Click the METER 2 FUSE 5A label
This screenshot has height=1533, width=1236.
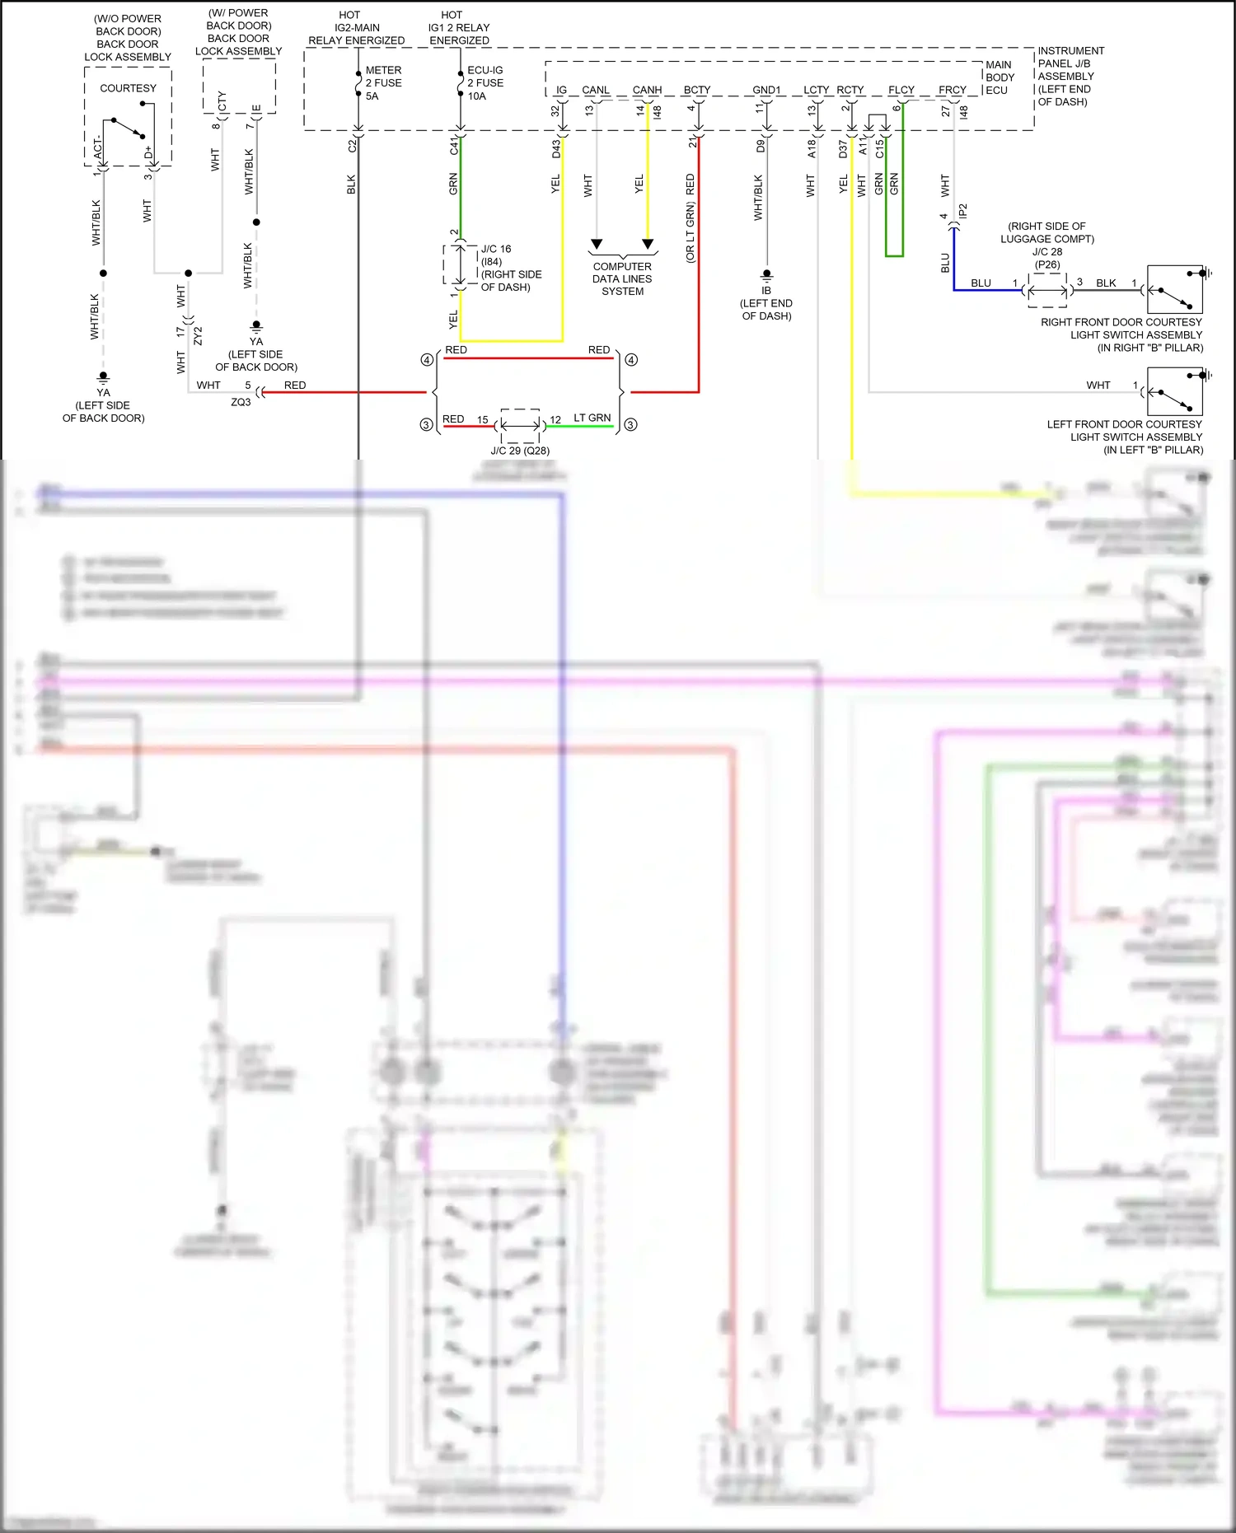(x=383, y=83)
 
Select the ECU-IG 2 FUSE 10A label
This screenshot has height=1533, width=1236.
(x=485, y=83)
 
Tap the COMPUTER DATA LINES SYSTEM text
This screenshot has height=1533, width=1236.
(x=622, y=278)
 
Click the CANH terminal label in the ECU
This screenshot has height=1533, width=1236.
(x=647, y=90)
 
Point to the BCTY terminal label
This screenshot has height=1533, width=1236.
(x=697, y=90)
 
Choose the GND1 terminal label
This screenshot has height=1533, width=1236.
(x=766, y=90)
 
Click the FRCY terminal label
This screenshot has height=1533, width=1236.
(x=952, y=90)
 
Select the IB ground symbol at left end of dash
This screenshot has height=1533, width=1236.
(x=766, y=275)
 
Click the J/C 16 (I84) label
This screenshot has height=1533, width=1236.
(x=495, y=255)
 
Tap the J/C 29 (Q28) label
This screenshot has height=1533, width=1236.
(x=520, y=451)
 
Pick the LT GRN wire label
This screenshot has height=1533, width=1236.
(x=592, y=418)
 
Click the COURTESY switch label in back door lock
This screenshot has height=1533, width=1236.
(x=128, y=88)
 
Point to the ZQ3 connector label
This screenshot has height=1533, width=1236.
(x=241, y=402)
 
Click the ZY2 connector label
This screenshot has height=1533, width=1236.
(x=198, y=336)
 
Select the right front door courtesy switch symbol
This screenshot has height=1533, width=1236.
(x=1175, y=289)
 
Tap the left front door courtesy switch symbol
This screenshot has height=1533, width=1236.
(x=1175, y=392)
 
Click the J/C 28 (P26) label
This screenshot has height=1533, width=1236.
(x=1047, y=258)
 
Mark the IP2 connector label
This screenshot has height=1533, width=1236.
(x=962, y=211)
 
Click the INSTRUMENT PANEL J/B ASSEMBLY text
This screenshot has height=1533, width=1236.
(x=1070, y=76)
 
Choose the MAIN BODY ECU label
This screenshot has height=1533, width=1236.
(x=1000, y=77)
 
